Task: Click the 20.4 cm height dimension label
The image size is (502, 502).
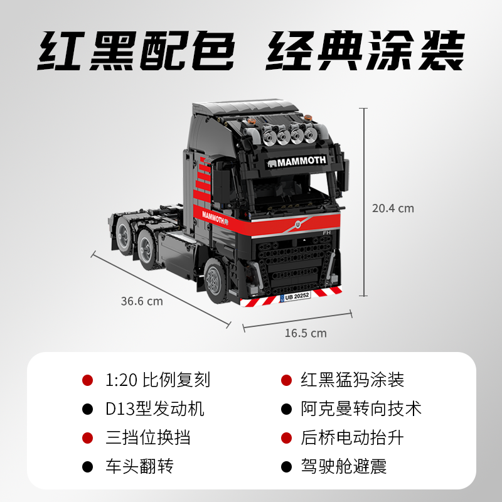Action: [393, 208]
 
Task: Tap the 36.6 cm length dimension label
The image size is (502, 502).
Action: [142, 301]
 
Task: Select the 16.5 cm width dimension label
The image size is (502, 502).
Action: [306, 333]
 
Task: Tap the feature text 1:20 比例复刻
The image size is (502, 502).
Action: [158, 380]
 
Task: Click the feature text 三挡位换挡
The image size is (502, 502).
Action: [147, 437]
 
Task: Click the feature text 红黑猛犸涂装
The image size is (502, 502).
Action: [351, 380]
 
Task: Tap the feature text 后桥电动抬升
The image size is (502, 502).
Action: [351, 437]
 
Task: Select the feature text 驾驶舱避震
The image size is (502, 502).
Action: [343, 466]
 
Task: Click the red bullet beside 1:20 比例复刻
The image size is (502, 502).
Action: [88, 380]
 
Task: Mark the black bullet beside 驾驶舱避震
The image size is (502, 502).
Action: [287, 466]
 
